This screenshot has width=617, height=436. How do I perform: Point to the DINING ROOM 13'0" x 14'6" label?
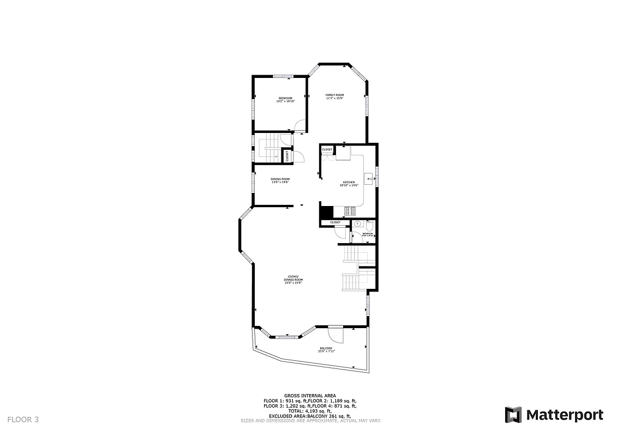pyautogui.click(x=280, y=180)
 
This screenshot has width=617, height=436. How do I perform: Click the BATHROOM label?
pyautogui.click(x=368, y=234)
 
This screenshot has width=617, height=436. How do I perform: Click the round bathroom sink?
pyautogui.click(x=357, y=223)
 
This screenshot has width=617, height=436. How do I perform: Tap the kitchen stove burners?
pyautogui.click(x=350, y=210)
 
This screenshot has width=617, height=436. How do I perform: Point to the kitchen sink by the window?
pyautogui.click(x=369, y=179)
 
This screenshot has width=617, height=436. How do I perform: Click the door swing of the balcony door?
pyautogui.click(x=335, y=334)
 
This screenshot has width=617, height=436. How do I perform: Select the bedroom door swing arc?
pyautogui.click(x=300, y=125)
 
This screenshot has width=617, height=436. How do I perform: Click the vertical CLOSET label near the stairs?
pyautogui.click(x=287, y=156)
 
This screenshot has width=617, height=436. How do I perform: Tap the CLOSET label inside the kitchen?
pyautogui.click(x=327, y=149)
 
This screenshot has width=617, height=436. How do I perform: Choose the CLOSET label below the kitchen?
pyautogui.click(x=335, y=222)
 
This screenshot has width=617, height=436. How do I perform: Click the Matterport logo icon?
pyautogui.click(x=513, y=415)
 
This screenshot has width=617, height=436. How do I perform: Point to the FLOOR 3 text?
pyautogui.click(x=23, y=419)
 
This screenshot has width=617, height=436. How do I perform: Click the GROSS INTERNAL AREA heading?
pyautogui.click(x=310, y=396)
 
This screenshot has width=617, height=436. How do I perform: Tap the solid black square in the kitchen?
pyautogui.click(x=326, y=212)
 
